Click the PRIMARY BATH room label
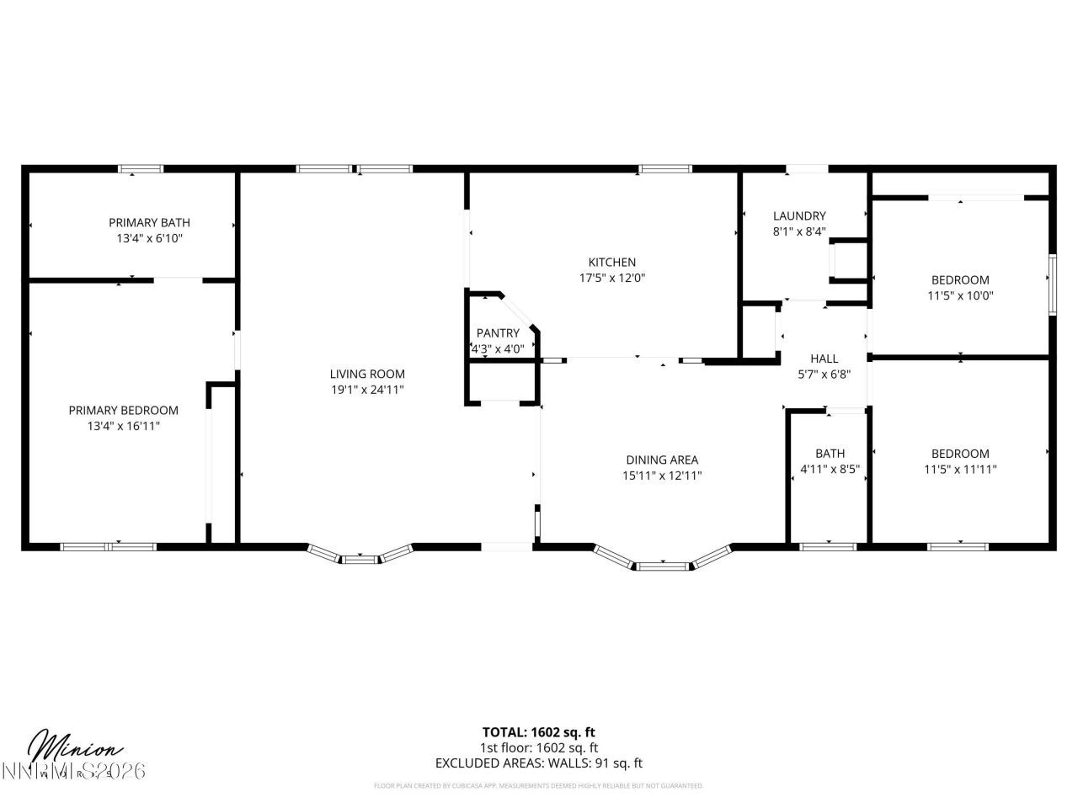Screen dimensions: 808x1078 coord(149,222)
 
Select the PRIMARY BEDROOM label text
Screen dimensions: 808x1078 coord(124,410)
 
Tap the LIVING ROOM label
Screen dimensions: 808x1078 coord(367,374)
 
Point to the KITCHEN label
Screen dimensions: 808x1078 coord(612,262)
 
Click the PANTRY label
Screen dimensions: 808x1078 coord(498,332)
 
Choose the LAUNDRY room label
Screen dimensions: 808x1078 coord(799,215)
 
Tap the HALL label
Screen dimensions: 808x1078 coord(824,359)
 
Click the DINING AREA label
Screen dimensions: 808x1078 coord(662,460)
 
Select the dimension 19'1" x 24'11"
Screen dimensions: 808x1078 coord(367,390)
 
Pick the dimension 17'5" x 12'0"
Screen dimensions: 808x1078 coord(612,278)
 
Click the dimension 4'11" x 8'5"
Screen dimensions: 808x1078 coord(830,470)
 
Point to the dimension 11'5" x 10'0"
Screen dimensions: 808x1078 coord(960,295)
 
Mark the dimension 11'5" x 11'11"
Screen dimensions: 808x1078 coord(960,470)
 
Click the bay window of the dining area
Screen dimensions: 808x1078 coord(662,563)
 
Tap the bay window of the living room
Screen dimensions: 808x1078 coord(360,555)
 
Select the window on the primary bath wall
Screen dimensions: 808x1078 coord(141,169)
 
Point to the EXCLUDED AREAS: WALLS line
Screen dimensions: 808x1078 coord(538,763)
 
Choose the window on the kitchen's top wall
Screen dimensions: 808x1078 coord(664,169)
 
